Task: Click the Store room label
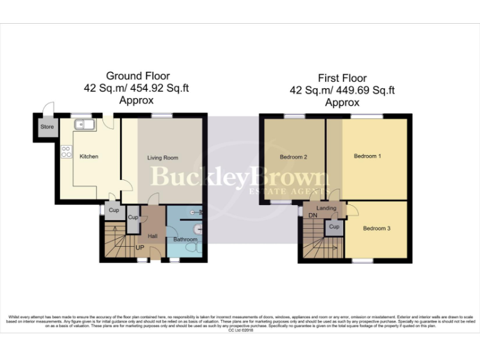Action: coord(47,127)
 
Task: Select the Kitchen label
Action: coord(89,156)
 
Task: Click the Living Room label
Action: coord(162,158)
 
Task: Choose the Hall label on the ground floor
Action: coord(152,236)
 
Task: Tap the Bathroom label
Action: coord(185,239)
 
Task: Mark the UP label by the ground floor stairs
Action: coord(140,247)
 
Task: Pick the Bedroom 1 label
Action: coord(367,156)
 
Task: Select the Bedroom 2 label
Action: coord(292,157)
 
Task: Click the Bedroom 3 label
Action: coord(377,229)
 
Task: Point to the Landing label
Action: coord(326,208)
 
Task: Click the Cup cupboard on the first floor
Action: coord(334,227)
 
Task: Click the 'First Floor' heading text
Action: coord(342,78)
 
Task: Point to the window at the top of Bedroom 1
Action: coord(367,116)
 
